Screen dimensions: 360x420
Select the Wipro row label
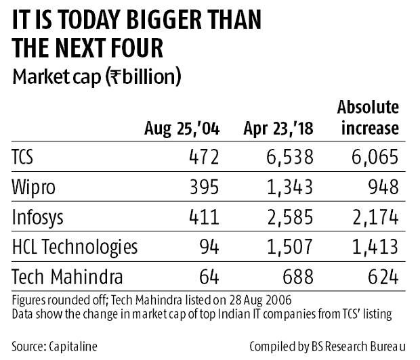coord(32,187)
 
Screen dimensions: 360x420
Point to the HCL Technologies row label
coord(75,246)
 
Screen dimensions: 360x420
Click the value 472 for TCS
coord(204,158)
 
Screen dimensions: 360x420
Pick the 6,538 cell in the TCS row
coord(288,158)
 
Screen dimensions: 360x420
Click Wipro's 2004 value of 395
coord(204,187)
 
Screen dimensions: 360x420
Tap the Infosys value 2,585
coord(288,217)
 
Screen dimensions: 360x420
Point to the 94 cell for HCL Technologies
coord(209,246)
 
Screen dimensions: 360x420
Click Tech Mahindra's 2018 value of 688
coord(296,275)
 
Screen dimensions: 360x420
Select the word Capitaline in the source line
coord(73,346)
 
